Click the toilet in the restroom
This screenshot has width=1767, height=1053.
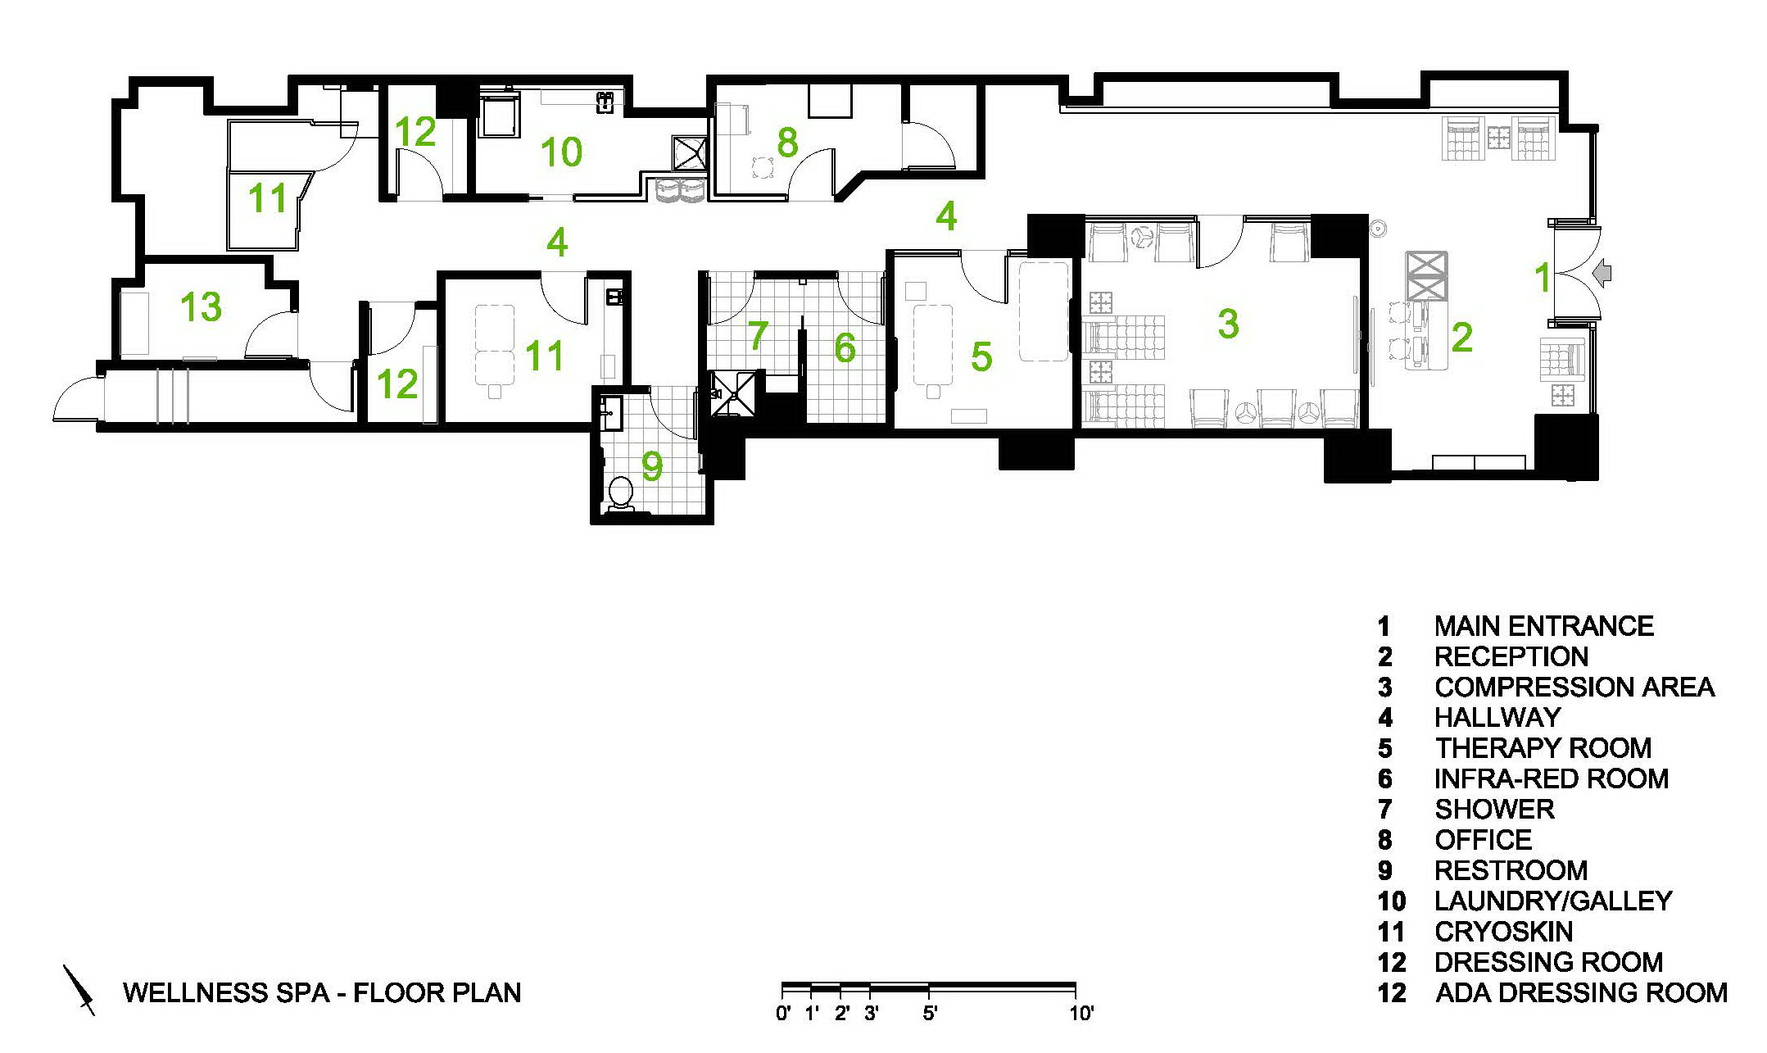pos(622,494)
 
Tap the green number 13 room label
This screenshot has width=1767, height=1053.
pos(201,307)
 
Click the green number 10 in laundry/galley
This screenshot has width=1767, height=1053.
pos(562,152)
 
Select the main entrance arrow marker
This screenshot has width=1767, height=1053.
pos(1603,275)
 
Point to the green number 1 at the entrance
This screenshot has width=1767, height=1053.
pos(1543,278)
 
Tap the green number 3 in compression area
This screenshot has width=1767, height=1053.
pos(1228,324)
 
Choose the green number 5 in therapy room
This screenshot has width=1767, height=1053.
pos(981,356)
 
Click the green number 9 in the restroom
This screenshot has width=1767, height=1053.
pos(652,466)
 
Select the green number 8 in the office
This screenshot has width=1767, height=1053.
pos(787,143)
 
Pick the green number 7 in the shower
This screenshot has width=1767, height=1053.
pos(759,335)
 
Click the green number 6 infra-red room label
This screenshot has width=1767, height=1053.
pos(845,348)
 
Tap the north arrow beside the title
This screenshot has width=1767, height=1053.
pos(80,991)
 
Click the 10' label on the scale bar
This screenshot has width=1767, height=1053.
pos(1081,1014)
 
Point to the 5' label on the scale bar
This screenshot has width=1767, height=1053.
pos(930,1014)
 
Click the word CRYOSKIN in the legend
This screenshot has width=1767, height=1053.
pos(1503,932)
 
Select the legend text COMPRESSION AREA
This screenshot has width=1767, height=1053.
pos(1574,687)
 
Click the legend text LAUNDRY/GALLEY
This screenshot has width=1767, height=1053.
pos(1553,901)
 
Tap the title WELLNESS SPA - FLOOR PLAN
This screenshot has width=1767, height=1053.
pos(322,992)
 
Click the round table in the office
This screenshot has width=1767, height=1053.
pos(763,168)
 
